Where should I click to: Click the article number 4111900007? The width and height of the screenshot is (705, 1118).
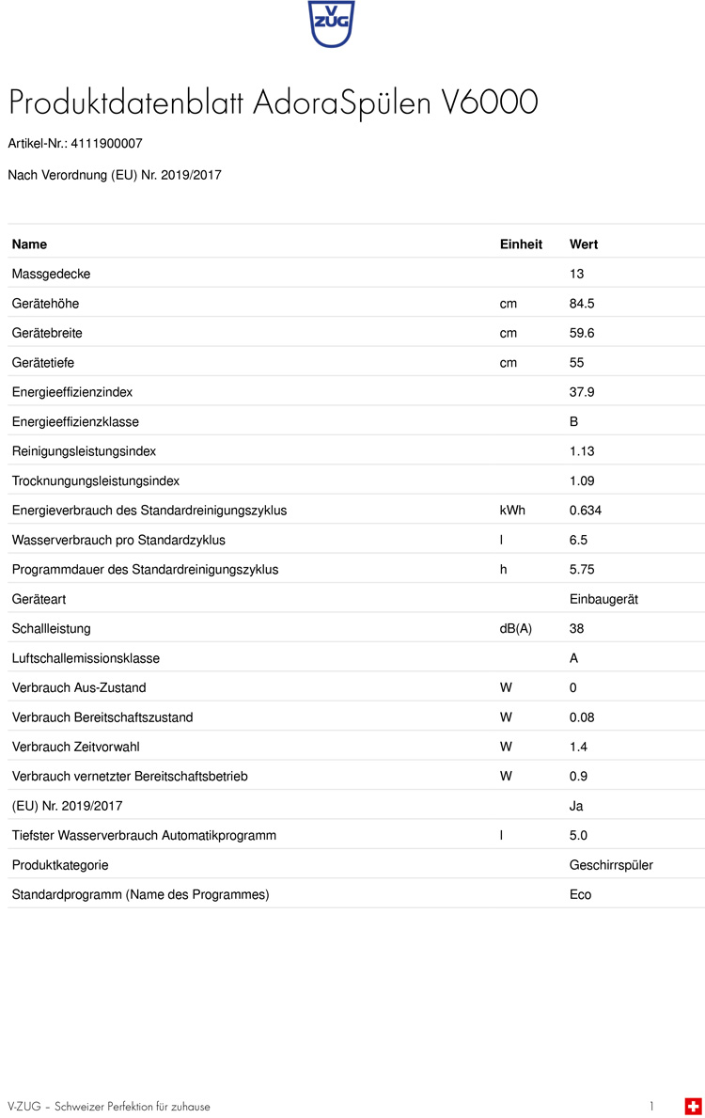106,144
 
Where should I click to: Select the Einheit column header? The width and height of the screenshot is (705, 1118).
521,244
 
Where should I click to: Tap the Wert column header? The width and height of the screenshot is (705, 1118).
584,244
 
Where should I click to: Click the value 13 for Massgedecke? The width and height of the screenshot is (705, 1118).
577,274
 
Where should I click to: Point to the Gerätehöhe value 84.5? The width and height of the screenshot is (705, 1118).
582,304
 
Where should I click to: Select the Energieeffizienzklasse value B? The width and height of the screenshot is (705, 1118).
574,422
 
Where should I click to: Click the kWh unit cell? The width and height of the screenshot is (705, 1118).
511,511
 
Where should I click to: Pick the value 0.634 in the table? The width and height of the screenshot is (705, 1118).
586,511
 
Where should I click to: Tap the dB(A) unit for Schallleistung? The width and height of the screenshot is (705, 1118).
515,629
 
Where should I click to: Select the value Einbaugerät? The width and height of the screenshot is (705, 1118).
603,599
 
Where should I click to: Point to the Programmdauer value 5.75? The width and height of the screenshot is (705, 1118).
582,570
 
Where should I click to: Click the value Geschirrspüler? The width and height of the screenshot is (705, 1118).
611,865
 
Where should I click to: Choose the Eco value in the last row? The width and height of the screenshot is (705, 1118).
581,894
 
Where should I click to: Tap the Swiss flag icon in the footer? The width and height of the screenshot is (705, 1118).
693,1106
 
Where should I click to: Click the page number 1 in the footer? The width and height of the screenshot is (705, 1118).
651,1106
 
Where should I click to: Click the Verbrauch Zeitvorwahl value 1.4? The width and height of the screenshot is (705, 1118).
578,747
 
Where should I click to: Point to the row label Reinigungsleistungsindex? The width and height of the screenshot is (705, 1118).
84,451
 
